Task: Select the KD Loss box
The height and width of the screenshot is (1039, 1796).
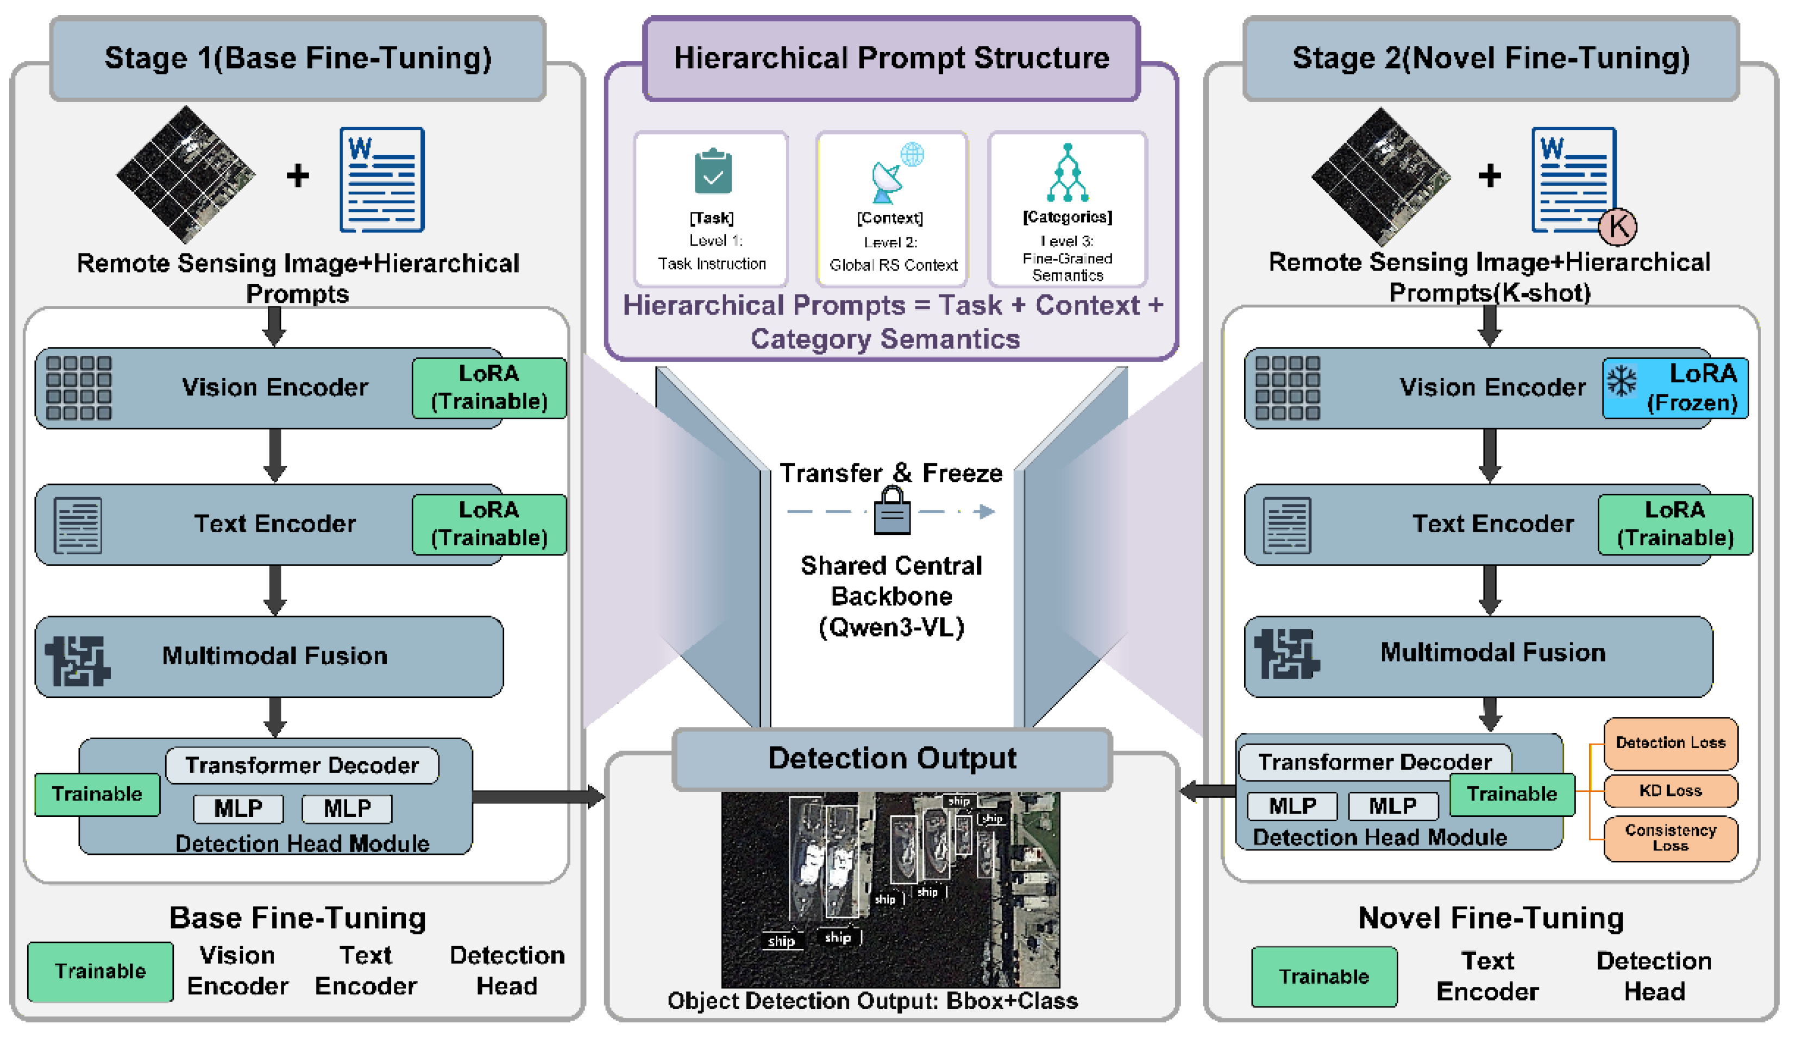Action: pos(1670,790)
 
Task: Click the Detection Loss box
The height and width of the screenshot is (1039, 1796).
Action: pos(1670,742)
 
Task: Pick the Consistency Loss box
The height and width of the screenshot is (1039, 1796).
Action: pos(1670,838)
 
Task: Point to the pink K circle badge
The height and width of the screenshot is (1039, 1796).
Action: pos(1617,226)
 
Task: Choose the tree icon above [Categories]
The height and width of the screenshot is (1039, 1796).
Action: pos(1067,173)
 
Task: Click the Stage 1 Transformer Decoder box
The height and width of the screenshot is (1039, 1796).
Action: pos(302,765)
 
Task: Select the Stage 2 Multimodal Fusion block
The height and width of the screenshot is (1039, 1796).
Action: pos(1478,656)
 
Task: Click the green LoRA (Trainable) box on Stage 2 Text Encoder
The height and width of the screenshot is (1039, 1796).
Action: pos(1674,524)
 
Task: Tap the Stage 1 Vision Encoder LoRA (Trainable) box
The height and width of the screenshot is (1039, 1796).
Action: pos(489,388)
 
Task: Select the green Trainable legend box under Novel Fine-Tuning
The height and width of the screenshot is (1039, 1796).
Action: pos(1323,977)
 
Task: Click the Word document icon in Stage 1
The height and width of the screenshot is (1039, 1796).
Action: pos(381,180)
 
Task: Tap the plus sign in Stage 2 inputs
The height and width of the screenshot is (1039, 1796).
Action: pos(1489,175)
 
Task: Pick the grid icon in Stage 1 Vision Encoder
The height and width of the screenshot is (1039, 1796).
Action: pos(78,388)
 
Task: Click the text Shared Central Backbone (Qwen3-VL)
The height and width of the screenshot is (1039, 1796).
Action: pos(891,596)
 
